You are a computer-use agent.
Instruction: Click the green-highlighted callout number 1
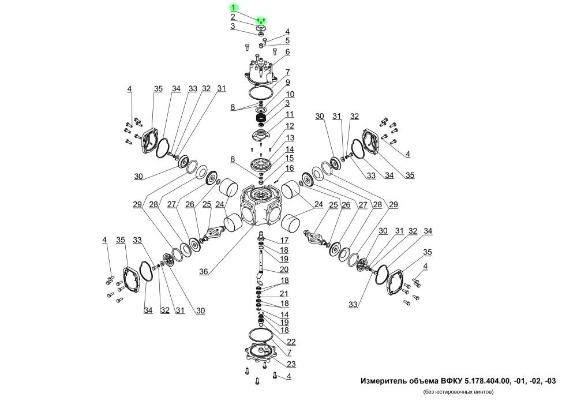click(233, 8)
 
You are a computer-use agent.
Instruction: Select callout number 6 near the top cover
click(287, 52)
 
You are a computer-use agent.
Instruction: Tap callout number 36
click(204, 271)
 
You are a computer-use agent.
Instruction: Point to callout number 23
click(291, 364)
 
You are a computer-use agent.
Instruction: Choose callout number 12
click(290, 126)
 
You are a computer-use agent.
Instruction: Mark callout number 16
click(290, 168)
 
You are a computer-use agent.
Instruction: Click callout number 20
click(284, 269)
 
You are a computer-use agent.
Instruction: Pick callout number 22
click(291, 342)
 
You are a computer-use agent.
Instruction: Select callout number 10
click(290, 95)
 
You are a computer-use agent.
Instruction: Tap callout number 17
click(284, 240)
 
